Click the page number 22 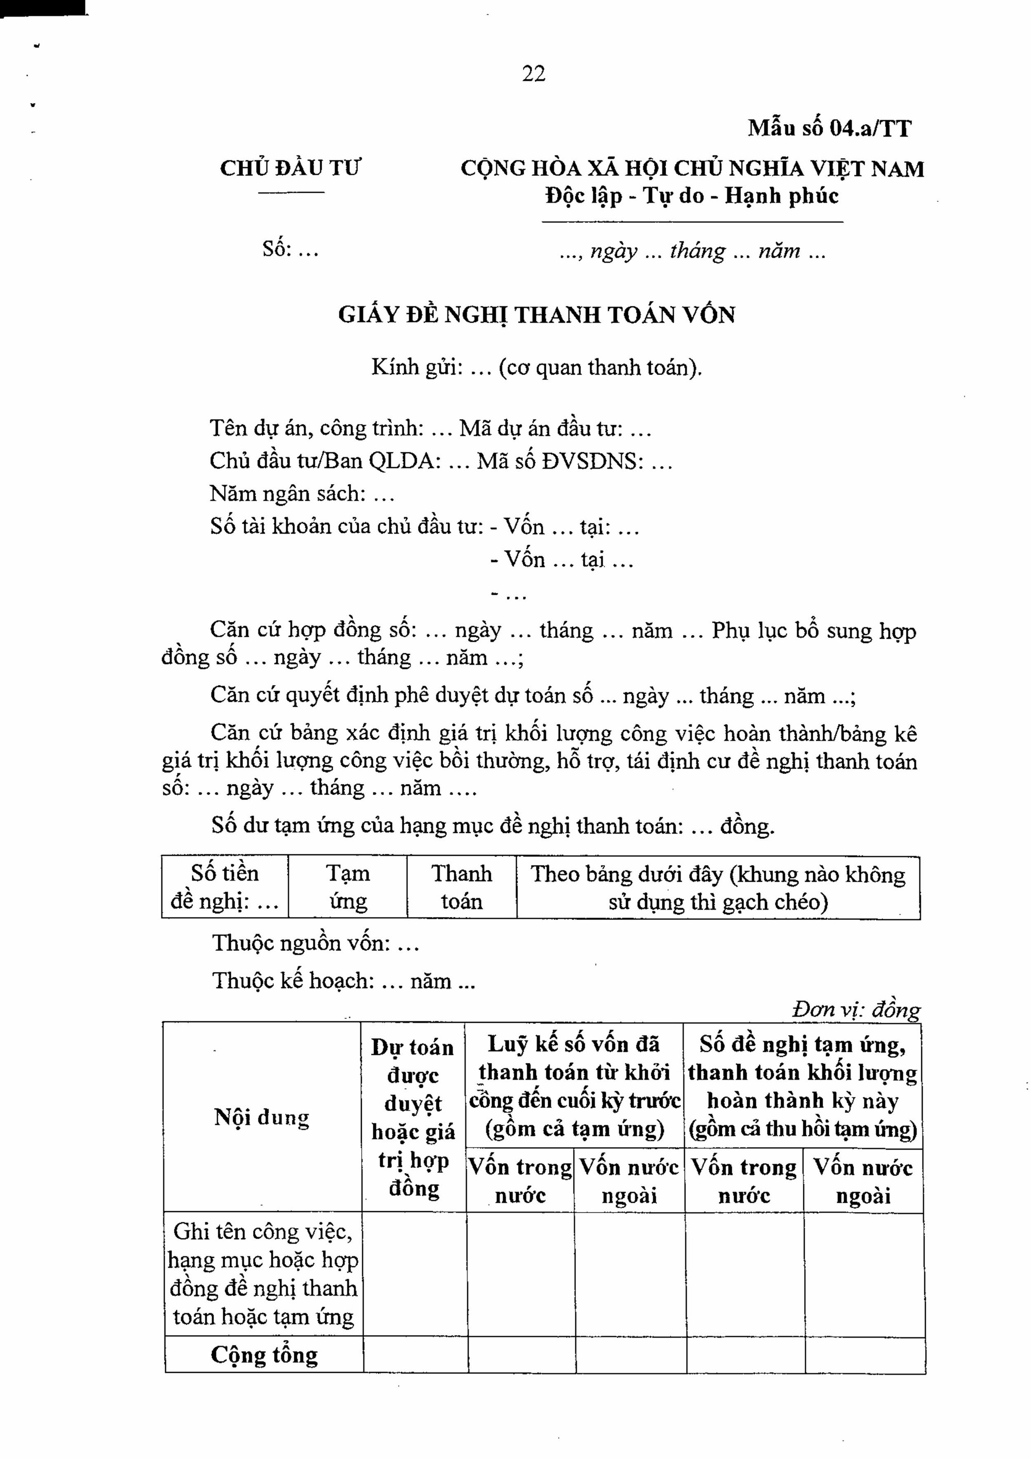pos(533,74)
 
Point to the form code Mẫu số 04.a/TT pos(829,128)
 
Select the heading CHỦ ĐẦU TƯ pos(290,169)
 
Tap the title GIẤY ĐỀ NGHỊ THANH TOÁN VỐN pos(536,315)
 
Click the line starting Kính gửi pos(536,367)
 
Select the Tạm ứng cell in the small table pos(347,887)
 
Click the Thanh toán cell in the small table pos(461,887)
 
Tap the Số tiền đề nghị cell pos(225,887)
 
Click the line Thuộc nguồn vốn pos(315,943)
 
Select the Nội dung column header pos(262,1117)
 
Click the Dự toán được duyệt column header pos(413,1117)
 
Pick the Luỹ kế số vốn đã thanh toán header pos(574,1086)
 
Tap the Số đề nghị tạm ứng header pos(802,1086)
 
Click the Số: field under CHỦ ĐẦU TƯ pos(290,249)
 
